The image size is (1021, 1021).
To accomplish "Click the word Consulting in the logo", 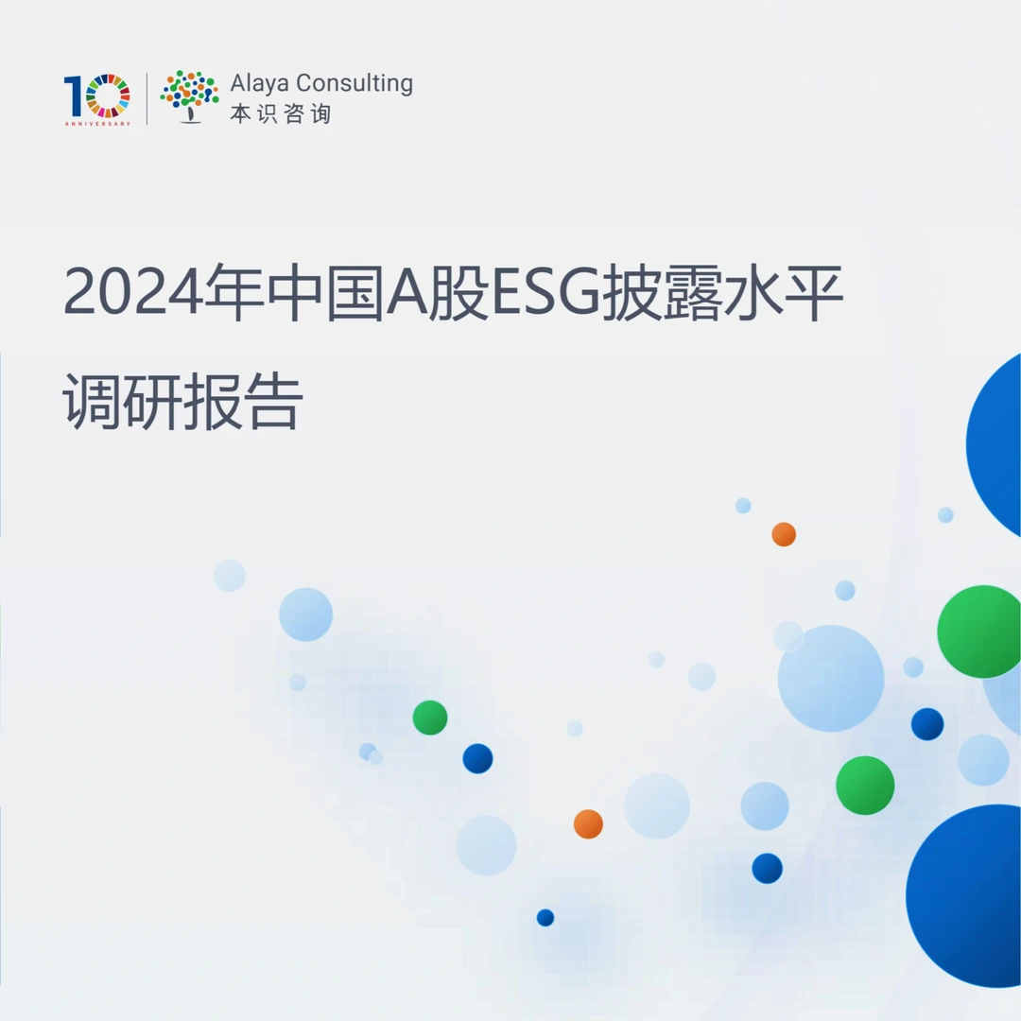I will (x=355, y=84).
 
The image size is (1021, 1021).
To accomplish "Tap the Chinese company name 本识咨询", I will (x=281, y=114).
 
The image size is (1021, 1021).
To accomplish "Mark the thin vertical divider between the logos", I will (x=147, y=97).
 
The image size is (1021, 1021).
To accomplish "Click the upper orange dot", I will (x=784, y=534).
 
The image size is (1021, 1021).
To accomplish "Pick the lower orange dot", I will (x=588, y=823).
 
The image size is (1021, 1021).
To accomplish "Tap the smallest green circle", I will (x=430, y=718).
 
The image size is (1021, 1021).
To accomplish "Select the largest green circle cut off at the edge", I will (x=981, y=632).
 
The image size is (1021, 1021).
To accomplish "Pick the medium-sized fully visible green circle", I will (x=865, y=785).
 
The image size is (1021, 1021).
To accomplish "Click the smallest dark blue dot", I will (x=545, y=917).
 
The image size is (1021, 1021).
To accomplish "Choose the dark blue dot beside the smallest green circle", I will (x=477, y=758).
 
